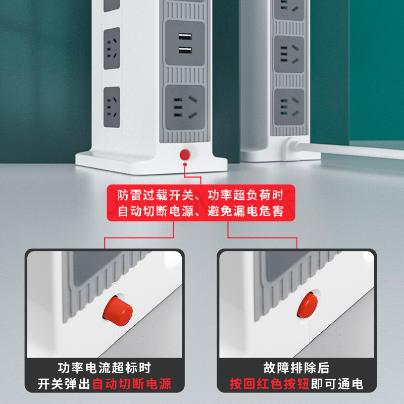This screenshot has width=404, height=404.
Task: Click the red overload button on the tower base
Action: coord(185,155)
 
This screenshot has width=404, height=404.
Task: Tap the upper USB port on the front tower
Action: coord(185,36)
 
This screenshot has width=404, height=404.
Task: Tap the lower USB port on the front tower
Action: coord(185,50)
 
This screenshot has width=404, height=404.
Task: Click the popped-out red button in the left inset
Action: coord(118,311)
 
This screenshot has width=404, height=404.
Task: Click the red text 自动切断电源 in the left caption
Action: coord(131,384)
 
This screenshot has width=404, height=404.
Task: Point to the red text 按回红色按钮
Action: coord(270,384)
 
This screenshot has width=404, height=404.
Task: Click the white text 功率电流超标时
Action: coord(105,368)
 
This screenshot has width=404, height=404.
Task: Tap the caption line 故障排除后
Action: coord(296,368)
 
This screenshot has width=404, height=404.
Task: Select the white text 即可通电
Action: coord(337,384)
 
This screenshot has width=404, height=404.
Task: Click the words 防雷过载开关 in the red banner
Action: coord(156,195)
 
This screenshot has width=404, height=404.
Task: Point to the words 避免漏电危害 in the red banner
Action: coord(245,211)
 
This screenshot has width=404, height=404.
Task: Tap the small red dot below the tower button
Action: coord(185,165)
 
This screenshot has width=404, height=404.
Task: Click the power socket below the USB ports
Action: coord(185,108)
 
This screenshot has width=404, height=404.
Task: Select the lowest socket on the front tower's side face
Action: coord(112,107)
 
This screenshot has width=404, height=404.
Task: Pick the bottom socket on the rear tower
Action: coord(289,107)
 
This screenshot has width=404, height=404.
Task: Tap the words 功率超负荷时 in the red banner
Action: coord(245,195)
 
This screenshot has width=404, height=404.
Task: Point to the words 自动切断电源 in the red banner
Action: coord(156,211)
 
